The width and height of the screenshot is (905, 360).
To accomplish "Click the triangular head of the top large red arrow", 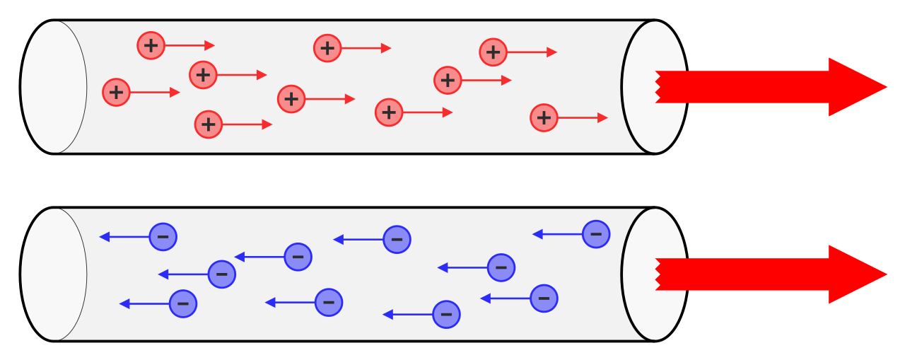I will (x=856, y=87).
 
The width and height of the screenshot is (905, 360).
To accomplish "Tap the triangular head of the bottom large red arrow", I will (x=856, y=274).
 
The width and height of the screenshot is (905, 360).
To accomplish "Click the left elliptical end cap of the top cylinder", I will (x=54, y=87).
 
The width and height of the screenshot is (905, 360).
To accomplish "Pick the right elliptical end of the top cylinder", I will (x=653, y=87).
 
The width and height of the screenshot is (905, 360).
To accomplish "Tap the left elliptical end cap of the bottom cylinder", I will (x=54, y=274).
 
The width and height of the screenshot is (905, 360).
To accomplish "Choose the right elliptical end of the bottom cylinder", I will (x=653, y=274).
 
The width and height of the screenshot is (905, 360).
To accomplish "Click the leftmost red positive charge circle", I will (x=116, y=92).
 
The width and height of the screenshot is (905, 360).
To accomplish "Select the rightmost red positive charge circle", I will (x=544, y=117).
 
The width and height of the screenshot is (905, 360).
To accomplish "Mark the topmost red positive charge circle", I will (x=151, y=45).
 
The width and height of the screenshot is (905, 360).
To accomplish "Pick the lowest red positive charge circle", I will (x=208, y=124).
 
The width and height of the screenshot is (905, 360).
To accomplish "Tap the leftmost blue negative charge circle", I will (x=163, y=236).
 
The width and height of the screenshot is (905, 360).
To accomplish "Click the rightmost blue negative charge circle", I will (x=595, y=234).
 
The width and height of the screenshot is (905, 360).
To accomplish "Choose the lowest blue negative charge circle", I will (x=446, y=314).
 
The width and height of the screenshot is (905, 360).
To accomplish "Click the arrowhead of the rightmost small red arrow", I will (x=602, y=117).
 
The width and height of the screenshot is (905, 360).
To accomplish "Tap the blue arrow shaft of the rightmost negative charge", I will (x=561, y=234).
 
